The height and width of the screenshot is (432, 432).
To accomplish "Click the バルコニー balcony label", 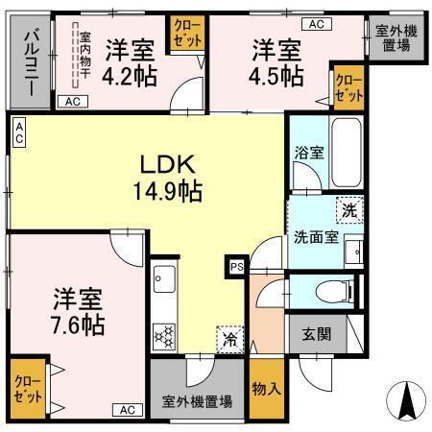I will click(x=30, y=60).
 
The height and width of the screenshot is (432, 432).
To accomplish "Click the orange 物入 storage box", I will click(x=265, y=389).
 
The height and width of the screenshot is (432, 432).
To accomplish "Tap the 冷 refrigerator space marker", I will click(x=229, y=339).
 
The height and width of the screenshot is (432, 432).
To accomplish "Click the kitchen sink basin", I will click(x=163, y=282).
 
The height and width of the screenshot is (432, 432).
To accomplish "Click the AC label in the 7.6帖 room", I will click(x=128, y=410).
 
